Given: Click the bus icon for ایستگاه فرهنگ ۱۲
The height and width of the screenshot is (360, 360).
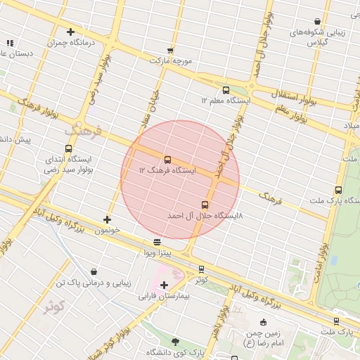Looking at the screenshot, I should [x=167, y=160].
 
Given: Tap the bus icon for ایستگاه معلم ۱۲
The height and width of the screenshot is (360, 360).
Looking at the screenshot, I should [x=226, y=90].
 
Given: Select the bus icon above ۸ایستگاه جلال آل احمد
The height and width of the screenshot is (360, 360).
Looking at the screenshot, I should [x=205, y=205].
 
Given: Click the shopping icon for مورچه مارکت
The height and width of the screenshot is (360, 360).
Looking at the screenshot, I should [x=170, y=50].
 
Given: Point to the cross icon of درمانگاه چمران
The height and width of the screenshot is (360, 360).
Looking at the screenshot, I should [x=70, y=32].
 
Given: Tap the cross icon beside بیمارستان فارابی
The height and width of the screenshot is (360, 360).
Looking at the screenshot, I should [x=165, y=285].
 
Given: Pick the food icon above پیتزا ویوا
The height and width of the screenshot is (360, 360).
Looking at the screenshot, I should [x=157, y=242].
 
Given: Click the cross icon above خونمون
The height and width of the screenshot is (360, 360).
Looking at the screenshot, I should [x=107, y=219].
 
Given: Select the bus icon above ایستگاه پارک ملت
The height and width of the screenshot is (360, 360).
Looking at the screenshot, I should [x=338, y=190].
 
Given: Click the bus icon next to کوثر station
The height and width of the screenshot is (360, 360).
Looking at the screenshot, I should [x=202, y=269].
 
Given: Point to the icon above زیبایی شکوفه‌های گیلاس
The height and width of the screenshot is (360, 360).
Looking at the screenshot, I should [x=318, y=21].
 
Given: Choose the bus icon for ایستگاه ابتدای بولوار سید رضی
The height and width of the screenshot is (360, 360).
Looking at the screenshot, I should [x=68, y=148].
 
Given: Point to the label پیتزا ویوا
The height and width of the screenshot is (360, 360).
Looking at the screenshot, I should [x=157, y=252].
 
